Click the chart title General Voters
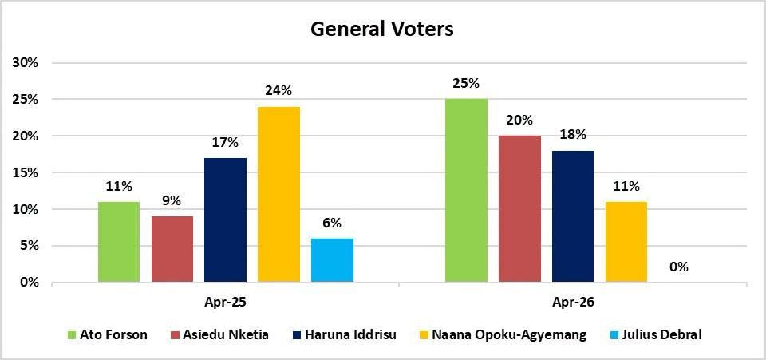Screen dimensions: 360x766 381,30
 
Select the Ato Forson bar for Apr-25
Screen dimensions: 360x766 118,242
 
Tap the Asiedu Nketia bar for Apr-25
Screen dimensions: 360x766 172,249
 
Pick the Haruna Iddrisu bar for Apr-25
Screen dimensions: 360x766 225,220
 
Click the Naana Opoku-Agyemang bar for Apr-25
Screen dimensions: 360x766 278,195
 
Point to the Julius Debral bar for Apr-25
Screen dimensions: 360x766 332,260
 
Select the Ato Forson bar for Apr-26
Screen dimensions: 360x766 466,191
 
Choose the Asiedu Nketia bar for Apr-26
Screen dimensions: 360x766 519,209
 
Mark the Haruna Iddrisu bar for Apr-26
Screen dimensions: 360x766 573,216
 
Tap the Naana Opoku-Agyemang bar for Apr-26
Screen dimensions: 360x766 626,242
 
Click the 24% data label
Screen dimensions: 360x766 278,91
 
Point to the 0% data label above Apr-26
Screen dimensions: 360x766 679,267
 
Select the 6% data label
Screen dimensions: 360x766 332,223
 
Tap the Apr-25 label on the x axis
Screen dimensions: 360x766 225,303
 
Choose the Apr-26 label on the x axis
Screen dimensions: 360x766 573,303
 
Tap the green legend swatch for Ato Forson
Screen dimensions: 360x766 71,335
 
